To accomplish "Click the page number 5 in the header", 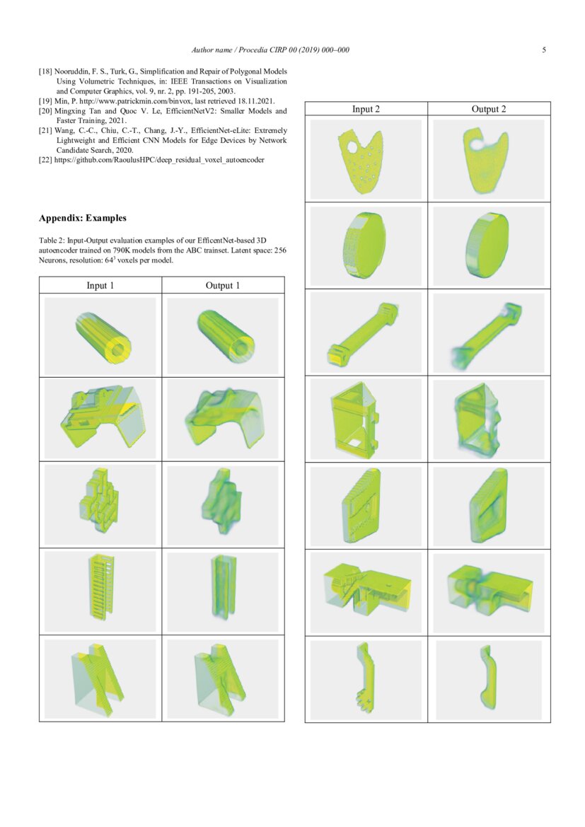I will [x=544, y=50].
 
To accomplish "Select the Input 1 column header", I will [x=100, y=285].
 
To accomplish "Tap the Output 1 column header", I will [x=223, y=285].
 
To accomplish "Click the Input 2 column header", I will [x=366, y=109].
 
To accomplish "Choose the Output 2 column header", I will [x=489, y=109].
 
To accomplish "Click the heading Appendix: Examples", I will [x=83, y=218].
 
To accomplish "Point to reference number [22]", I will [x=45, y=161].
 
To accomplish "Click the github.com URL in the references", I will [x=159, y=161].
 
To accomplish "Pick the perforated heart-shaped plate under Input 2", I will [x=366, y=159].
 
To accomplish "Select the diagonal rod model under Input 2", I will [x=366, y=333].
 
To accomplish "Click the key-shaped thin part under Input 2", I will [x=365, y=678].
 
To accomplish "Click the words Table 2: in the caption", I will [x=54, y=241].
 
